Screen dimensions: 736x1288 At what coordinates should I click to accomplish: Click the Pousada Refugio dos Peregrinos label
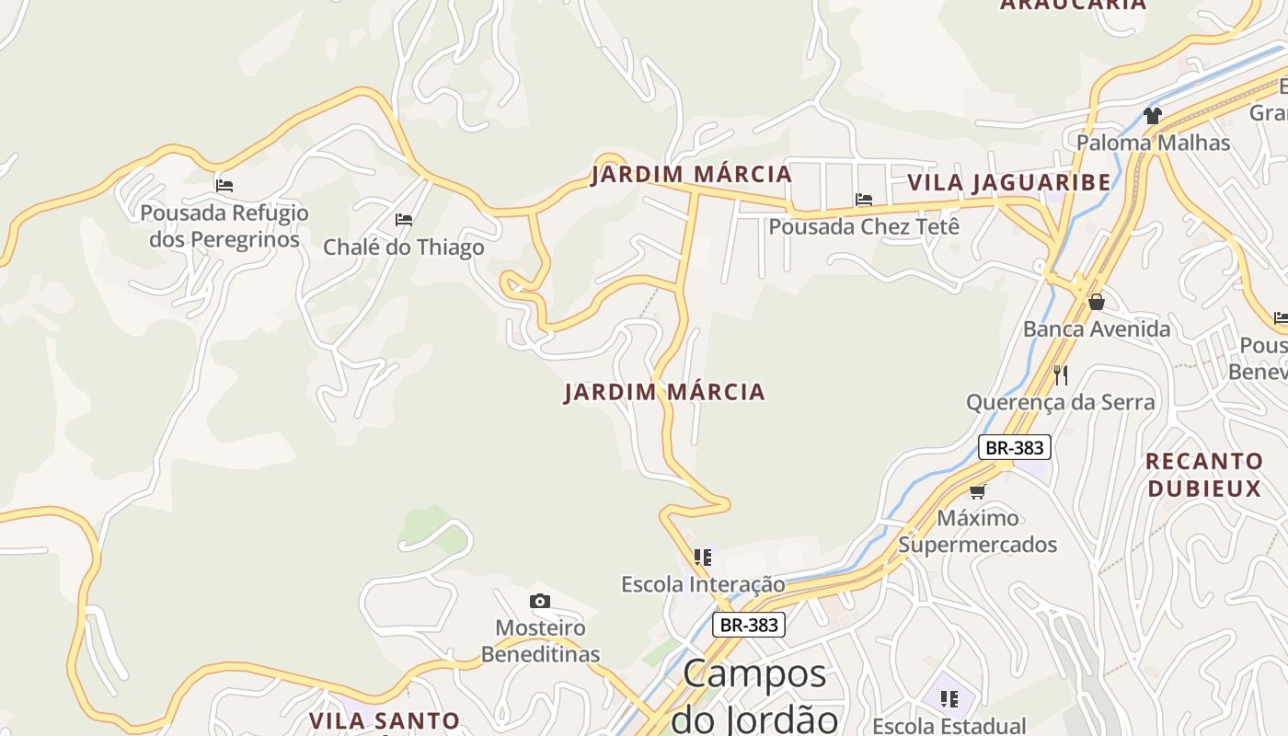tap(224, 226)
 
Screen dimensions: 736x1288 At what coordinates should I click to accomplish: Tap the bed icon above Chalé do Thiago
tap(403, 220)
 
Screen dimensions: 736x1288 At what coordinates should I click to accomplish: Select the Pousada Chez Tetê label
tap(864, 226)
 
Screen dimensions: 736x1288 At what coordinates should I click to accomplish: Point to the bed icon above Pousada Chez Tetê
tap(863, 199)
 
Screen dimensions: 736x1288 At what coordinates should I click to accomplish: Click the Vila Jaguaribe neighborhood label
tap(1008, 182)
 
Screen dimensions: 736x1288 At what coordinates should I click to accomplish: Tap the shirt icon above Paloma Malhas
tap(1152, 116)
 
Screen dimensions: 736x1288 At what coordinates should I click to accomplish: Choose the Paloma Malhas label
tap(1153, 143)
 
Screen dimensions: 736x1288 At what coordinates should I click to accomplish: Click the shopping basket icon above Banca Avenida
tap(1096, 302)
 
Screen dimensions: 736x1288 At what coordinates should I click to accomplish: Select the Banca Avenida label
tap(1097, 329)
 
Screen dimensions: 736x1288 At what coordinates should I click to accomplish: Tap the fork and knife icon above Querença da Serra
tap(1061, 374)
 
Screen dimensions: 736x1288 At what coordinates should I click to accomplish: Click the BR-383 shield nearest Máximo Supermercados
tap(1014, 448)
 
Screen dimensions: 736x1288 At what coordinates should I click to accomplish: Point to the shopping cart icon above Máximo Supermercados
tap(977, 491)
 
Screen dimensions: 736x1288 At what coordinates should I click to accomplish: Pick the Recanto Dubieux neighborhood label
tap(1204, 475)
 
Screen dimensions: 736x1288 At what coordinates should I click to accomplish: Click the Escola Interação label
tap(703, 584)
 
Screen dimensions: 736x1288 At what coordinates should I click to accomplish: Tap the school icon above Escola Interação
tap(703, 557)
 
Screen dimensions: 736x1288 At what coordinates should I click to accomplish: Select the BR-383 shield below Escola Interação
tap(749, 625)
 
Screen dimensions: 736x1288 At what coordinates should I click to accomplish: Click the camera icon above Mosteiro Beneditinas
tap(540, 602)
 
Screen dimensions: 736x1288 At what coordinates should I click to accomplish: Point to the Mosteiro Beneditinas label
tap(540, 641)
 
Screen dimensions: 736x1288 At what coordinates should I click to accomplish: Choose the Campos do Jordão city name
tap(754, 696)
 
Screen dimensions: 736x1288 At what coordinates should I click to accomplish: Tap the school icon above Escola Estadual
tap(949, 699)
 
